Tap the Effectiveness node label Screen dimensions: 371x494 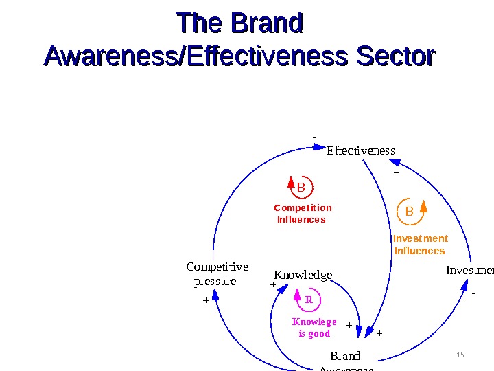[361, 150]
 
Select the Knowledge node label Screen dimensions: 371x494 [303, 276]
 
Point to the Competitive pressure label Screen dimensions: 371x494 [217, 274]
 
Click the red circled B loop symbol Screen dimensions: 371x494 [301, 187]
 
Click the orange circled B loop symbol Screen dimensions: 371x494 [410, 212]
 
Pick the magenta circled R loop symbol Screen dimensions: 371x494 [308, 300]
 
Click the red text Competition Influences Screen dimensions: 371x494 [302, 214]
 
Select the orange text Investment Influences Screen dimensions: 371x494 [420, 245]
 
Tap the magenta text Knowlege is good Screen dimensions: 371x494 [314, 328]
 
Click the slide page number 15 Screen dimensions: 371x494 [460, 355]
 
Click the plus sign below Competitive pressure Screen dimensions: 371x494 [205, 300]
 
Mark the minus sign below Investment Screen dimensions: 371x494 [473, 293]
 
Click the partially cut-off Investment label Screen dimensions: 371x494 [469, 270]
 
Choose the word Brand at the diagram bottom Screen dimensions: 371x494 [345, 356]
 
